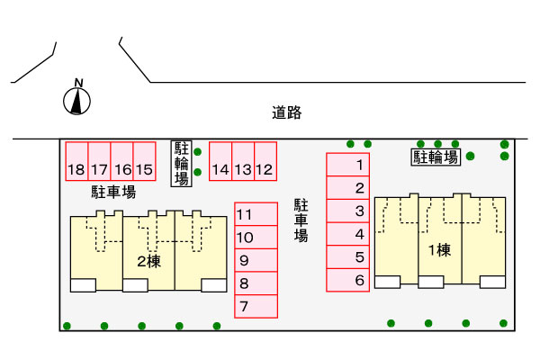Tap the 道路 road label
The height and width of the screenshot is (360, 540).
pos(286,113)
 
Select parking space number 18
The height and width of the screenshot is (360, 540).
pos(76,162)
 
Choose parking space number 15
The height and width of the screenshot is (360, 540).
pos(145,162)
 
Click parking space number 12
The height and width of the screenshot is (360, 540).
pos(265,162)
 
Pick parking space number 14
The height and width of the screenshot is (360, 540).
pos(220,162)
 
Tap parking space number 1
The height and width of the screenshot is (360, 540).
pos(347,165)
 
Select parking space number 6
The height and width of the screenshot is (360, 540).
pos(347,281)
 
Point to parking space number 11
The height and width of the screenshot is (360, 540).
pos(256,214)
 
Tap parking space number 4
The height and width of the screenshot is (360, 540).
pos(347,234)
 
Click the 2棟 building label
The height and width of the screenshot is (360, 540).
pos(148,262)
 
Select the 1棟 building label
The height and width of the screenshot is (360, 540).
pos(439,250)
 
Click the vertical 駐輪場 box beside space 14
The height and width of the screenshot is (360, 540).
pos(182,163)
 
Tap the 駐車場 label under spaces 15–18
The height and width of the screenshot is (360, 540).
pos(113,192)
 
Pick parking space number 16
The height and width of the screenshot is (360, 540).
pos(122,162)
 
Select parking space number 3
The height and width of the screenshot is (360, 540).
pos(347,211)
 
